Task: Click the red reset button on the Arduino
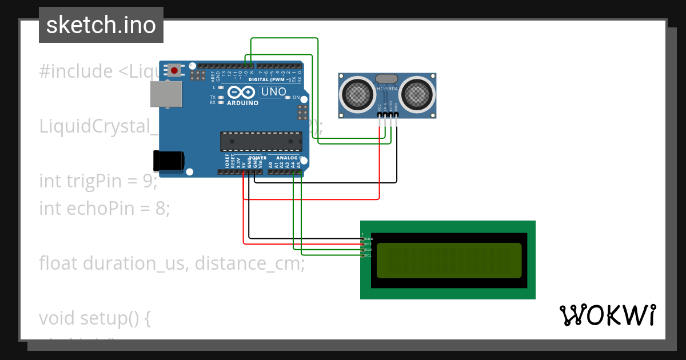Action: [x=174, y=70]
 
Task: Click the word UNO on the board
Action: [x=273, y=92]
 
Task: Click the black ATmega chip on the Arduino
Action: [x=261, y=141]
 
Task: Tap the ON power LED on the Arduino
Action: [x=288, y=98]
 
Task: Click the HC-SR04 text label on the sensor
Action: [x=387, y=89]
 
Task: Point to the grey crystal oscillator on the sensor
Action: [x=386, y=78]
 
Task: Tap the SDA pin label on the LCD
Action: [x=369, y=250]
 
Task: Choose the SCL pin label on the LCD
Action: [x=369, y=255]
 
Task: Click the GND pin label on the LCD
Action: [x=369, y=238]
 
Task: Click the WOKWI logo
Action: [x=607, y=315]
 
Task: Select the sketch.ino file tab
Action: [x=101, y=25]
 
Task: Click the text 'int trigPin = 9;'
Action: [x=98, y=181]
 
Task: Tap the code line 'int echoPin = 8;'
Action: [x=105, y=209]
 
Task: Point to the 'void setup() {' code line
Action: [x=94, y=318]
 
